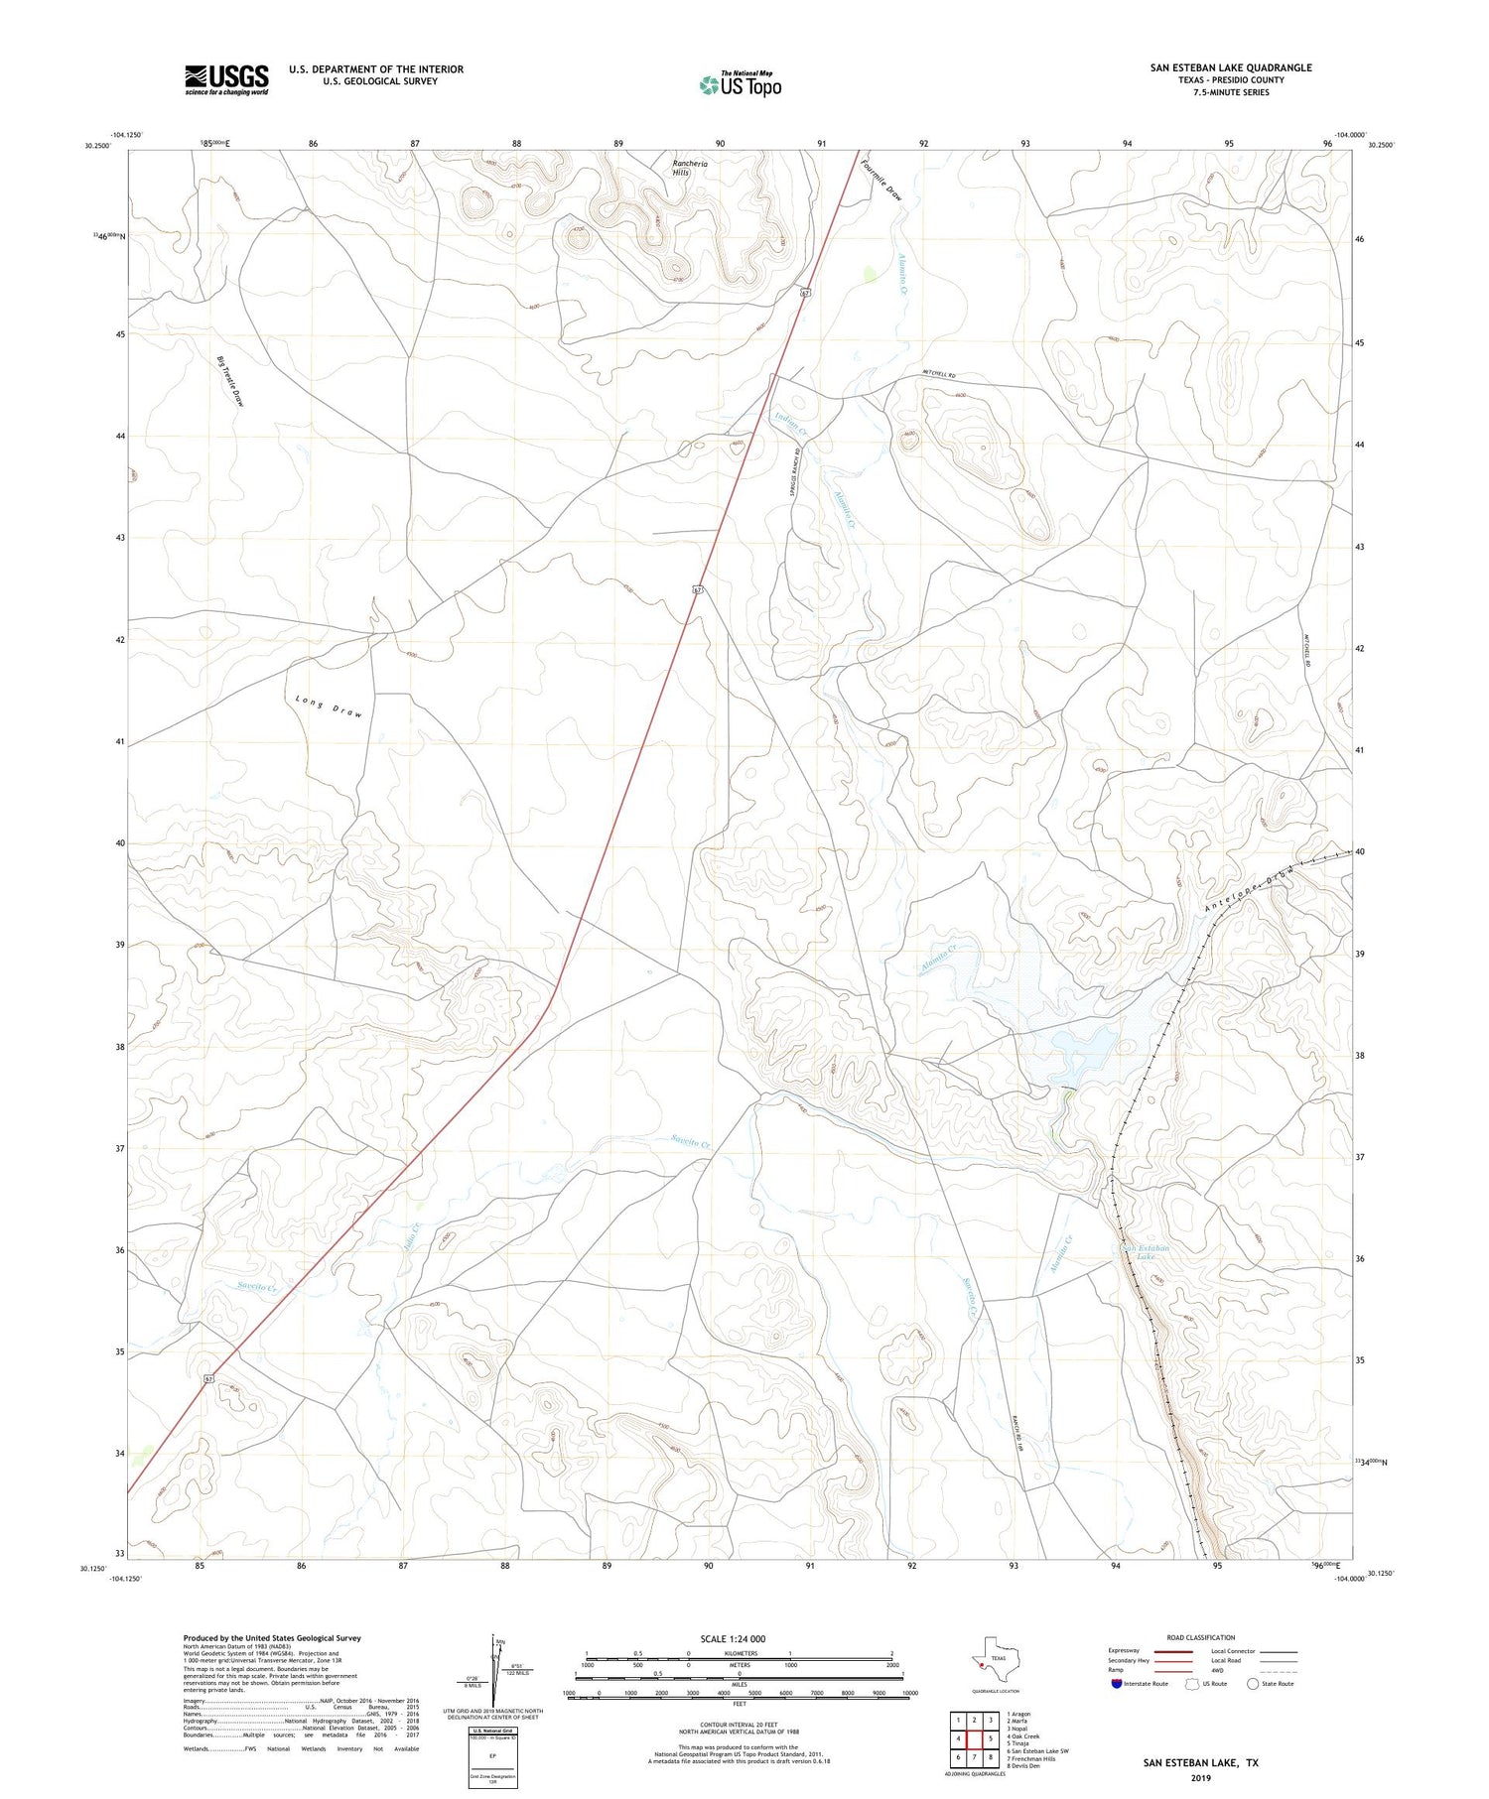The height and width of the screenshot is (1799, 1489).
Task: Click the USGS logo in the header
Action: tap(226, 79)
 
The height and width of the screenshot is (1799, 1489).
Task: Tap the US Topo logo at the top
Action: tap(740, 85)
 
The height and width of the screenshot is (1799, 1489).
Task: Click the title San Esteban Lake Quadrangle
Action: tap(1231, 67)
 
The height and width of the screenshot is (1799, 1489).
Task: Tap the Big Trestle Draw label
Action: tap(230, 381)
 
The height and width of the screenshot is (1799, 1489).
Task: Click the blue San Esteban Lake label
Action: tap(1147, 1252)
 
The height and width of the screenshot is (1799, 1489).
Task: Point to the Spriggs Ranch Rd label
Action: tap(795, 476)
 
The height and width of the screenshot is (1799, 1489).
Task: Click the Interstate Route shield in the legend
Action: tap(1117, 1684)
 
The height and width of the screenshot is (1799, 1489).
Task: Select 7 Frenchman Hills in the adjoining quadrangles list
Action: tap(1030, 1758)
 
